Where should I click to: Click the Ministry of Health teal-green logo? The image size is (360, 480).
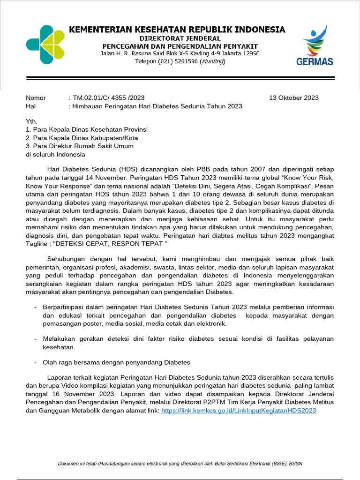45,45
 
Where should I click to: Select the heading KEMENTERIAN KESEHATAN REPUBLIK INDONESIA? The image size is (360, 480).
177,30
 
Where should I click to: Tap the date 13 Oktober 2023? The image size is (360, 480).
294,98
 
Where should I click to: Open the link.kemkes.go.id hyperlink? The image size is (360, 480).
239,410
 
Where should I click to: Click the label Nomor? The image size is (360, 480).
36,98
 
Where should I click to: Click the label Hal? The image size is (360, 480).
31,106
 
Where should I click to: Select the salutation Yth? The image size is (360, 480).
31,122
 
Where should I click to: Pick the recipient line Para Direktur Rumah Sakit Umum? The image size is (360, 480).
80,146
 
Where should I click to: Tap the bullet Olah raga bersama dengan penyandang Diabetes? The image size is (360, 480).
117,362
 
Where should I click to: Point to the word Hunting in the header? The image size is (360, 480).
212,61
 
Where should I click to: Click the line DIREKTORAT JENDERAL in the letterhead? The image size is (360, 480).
180,38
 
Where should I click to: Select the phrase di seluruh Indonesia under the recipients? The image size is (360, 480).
55,154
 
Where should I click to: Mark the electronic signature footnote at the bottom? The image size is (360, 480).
180,464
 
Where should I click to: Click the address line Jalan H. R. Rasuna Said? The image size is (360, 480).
180,53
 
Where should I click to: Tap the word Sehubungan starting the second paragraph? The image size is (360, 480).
66,259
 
